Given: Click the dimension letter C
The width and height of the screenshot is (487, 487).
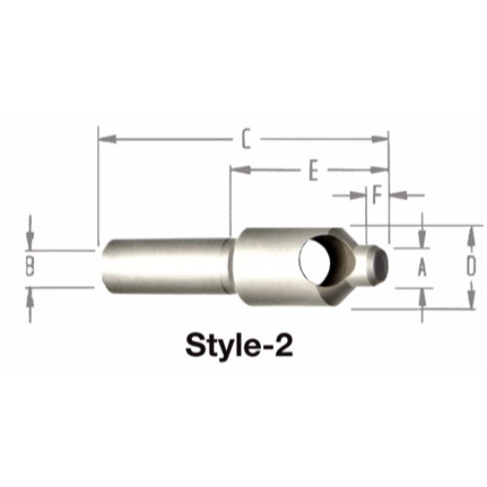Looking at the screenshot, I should click(246, 139).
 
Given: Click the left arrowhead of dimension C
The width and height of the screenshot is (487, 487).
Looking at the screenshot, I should click(103, 139).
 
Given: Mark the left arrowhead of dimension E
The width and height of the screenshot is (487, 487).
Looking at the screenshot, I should click(237, 171).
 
